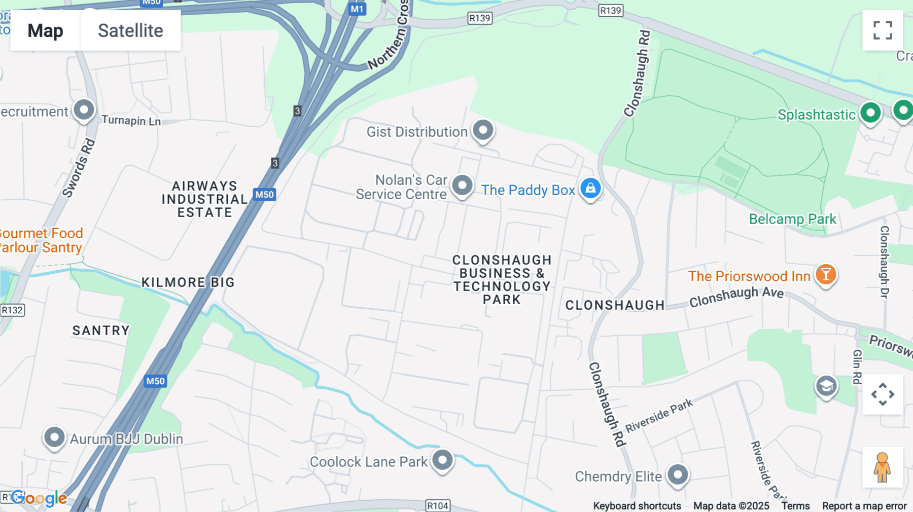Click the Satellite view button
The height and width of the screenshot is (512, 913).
[130, 30]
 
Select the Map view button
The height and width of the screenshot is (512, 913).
[45, 30]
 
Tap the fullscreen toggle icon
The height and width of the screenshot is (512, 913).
[883, 30]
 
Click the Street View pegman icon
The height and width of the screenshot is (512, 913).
[882, 467]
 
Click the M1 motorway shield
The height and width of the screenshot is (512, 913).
[357, 9]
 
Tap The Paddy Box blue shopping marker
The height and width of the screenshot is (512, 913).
[590, 189]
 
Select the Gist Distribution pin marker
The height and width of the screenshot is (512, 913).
[483, 130]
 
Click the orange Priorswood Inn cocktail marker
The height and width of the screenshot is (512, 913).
[826, 275]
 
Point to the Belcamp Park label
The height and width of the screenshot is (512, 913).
[792, 219]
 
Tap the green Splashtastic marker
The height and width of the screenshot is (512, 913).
[870, 113]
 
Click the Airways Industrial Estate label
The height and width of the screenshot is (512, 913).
[204, 199]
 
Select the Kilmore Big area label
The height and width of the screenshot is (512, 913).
[188, 282]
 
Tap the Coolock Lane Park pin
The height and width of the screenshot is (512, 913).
[442, 460]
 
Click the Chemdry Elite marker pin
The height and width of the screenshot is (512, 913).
[678, 475]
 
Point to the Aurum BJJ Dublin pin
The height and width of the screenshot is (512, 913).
[54, 437]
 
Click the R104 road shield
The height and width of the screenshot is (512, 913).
[437, 505]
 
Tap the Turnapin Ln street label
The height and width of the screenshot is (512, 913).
[131, 121]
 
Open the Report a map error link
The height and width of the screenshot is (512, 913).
[864, 506]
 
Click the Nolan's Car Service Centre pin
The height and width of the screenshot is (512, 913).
[462, 186]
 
